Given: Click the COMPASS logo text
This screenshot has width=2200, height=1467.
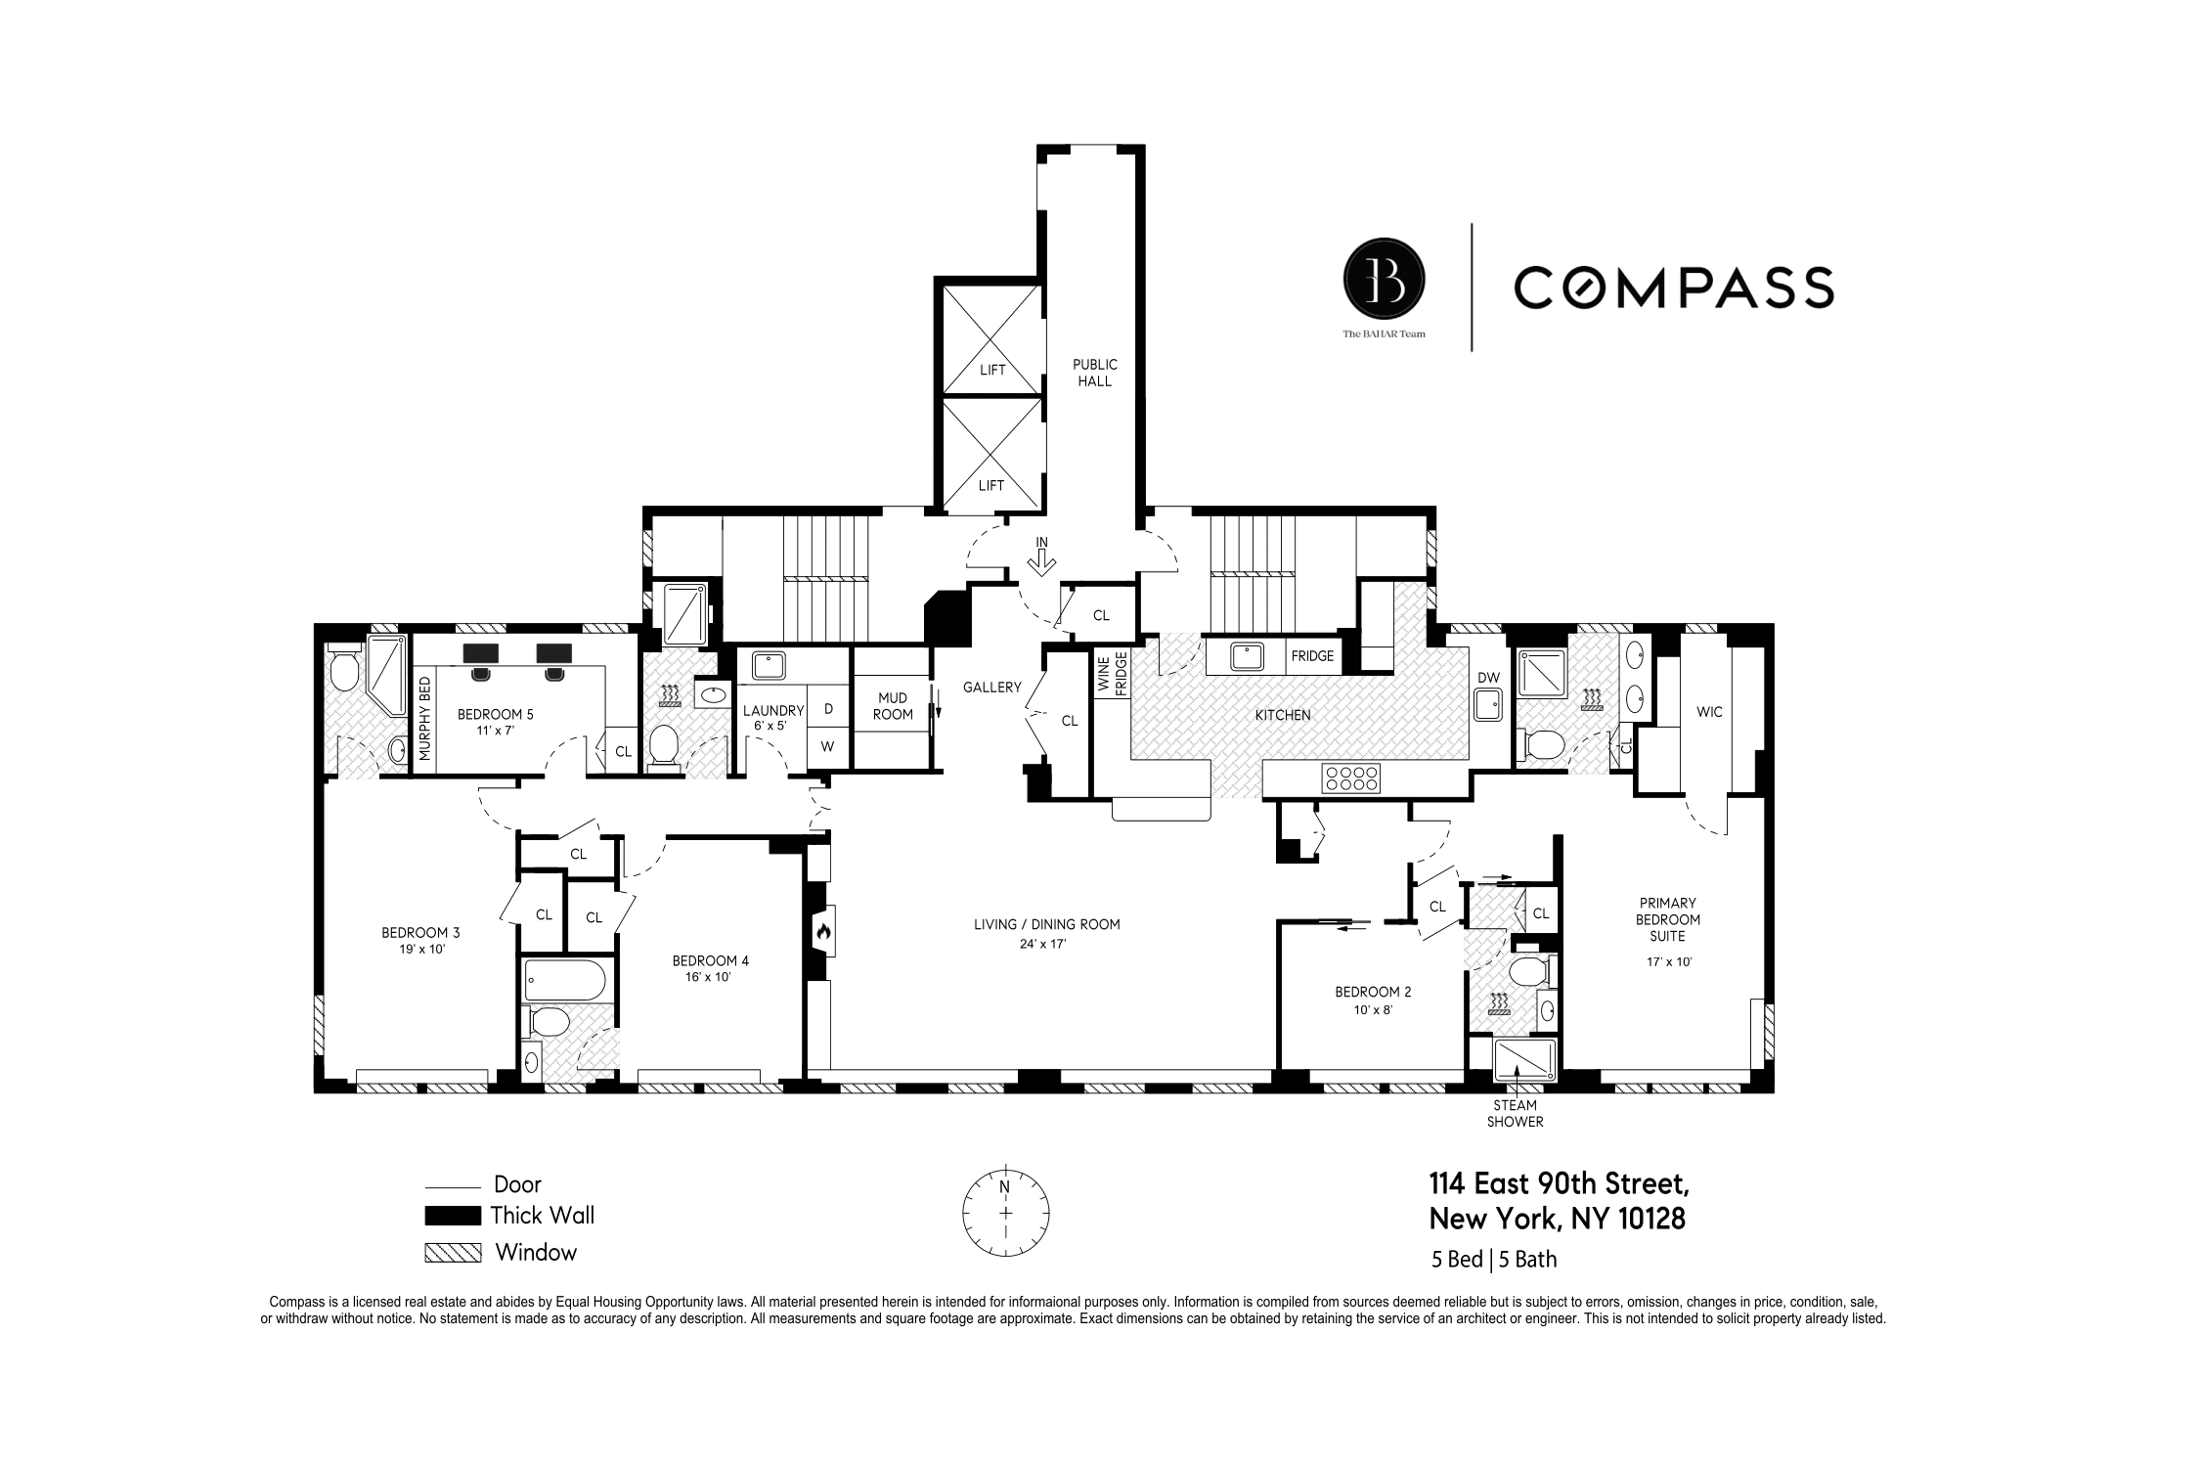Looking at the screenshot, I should click(1673, 287).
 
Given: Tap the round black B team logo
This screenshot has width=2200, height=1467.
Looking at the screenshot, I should click(1384, 282).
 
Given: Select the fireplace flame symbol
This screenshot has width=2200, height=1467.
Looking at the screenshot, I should click(822, 933).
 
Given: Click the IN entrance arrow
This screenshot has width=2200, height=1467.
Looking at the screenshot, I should click(1042, 558).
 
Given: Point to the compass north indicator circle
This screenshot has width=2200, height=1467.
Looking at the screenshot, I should click(1005, 1212).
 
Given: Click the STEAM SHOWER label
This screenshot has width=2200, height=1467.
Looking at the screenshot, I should click(1515, 1113).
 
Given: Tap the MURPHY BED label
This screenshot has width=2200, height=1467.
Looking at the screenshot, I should click(425, 719).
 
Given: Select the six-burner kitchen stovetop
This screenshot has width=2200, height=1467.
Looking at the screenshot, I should click(1351, 778).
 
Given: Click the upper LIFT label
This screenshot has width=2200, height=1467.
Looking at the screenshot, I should click(991, 370).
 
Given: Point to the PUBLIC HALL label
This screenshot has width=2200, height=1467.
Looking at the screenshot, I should click(1094, 373).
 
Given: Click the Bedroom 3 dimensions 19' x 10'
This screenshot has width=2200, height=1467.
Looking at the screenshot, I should click(421, 949).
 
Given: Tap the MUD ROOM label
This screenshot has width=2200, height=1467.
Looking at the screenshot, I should click(892, 705).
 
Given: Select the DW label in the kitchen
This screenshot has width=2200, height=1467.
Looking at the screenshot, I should click(1488, 677).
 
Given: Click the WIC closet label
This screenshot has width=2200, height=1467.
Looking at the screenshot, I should click(1709, 712).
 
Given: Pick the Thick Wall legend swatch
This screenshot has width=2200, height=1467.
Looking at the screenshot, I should click(452, 1216).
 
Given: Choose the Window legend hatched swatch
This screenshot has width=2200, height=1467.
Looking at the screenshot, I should click(452, 1253).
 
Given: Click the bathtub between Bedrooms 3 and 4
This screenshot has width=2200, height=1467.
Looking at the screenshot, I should click(566, 979).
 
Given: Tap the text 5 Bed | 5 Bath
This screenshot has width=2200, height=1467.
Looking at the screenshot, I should click(1494, 1260).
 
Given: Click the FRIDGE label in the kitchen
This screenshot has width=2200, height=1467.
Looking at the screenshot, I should click(1312, 656).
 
